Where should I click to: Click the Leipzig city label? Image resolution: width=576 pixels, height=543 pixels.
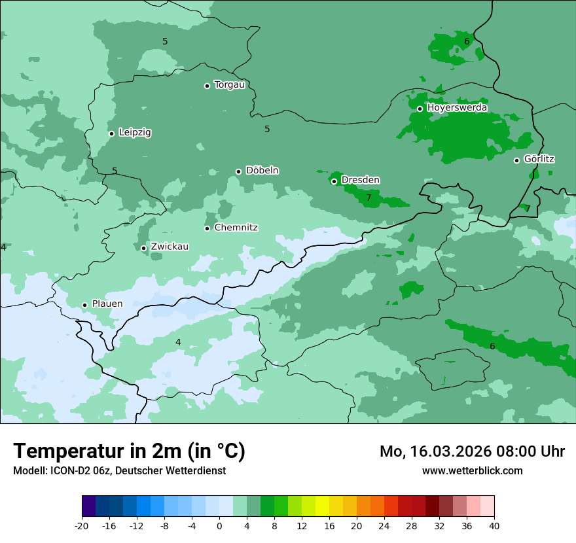[x=135, y=132]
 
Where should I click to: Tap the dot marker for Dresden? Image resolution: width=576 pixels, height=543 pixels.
[x=334, y=181]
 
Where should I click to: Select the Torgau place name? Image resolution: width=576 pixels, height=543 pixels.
[x=229, y=84]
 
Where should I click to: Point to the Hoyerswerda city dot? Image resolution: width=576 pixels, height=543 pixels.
[x=420, y=109]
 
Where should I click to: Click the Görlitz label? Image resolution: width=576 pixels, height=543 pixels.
[x=539, y=159]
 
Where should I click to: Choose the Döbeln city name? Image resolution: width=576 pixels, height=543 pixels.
[x=262, y=171]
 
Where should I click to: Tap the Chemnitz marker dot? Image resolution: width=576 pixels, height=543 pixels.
[x=207, y=228]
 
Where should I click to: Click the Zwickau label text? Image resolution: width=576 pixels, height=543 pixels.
[x=170, y=247]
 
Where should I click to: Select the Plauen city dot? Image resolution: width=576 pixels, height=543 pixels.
[x=84, y=305]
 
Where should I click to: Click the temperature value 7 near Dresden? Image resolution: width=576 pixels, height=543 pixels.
[x=369, y=198]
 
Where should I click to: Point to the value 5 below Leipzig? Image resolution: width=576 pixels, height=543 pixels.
[x=115, y=171]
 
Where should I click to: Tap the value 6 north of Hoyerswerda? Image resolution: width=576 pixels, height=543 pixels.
[x=467, y=41]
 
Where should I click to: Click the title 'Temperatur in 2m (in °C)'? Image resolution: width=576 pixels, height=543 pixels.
[x=130, y=451]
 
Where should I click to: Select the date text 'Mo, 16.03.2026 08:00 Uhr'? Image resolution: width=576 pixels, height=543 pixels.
[x=472, y=451]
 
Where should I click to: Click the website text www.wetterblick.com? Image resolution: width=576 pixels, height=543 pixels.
[x=472, y=470]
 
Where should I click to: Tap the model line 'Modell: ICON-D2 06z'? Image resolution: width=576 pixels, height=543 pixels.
[x=119, y=470]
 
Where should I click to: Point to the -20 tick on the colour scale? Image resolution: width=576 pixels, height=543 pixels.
[x=82, y=526]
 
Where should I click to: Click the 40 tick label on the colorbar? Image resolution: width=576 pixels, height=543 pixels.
[x=494, y=526]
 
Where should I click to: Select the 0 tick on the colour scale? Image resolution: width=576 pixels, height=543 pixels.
[x=219, y=526]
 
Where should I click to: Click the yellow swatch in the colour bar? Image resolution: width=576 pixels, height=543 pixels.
[x=322, y=506]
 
